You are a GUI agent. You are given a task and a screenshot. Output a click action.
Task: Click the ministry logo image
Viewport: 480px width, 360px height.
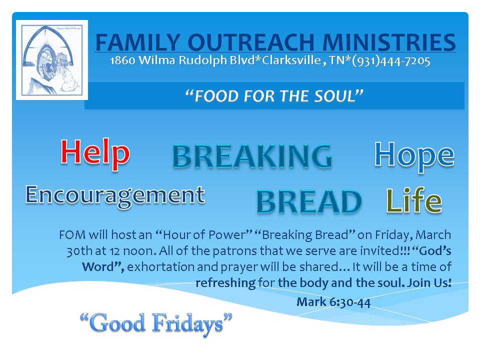(52, 59)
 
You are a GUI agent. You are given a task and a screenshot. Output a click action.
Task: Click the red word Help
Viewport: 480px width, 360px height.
(95, 153)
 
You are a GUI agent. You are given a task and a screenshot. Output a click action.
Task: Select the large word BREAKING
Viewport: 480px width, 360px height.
(252, 156)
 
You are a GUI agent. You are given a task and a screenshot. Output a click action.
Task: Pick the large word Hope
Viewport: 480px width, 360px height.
(414, 154)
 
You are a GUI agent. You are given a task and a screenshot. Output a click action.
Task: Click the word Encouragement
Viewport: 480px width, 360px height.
(115, 195)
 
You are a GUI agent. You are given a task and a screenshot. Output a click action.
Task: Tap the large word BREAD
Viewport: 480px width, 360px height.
(308, 202)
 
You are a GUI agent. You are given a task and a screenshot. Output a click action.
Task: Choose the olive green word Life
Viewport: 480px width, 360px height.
(414, 201)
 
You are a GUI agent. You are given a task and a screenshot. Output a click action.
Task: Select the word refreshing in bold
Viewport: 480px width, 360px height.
(225, 283)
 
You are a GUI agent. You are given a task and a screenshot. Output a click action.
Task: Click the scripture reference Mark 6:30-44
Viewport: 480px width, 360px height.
(333, 302)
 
